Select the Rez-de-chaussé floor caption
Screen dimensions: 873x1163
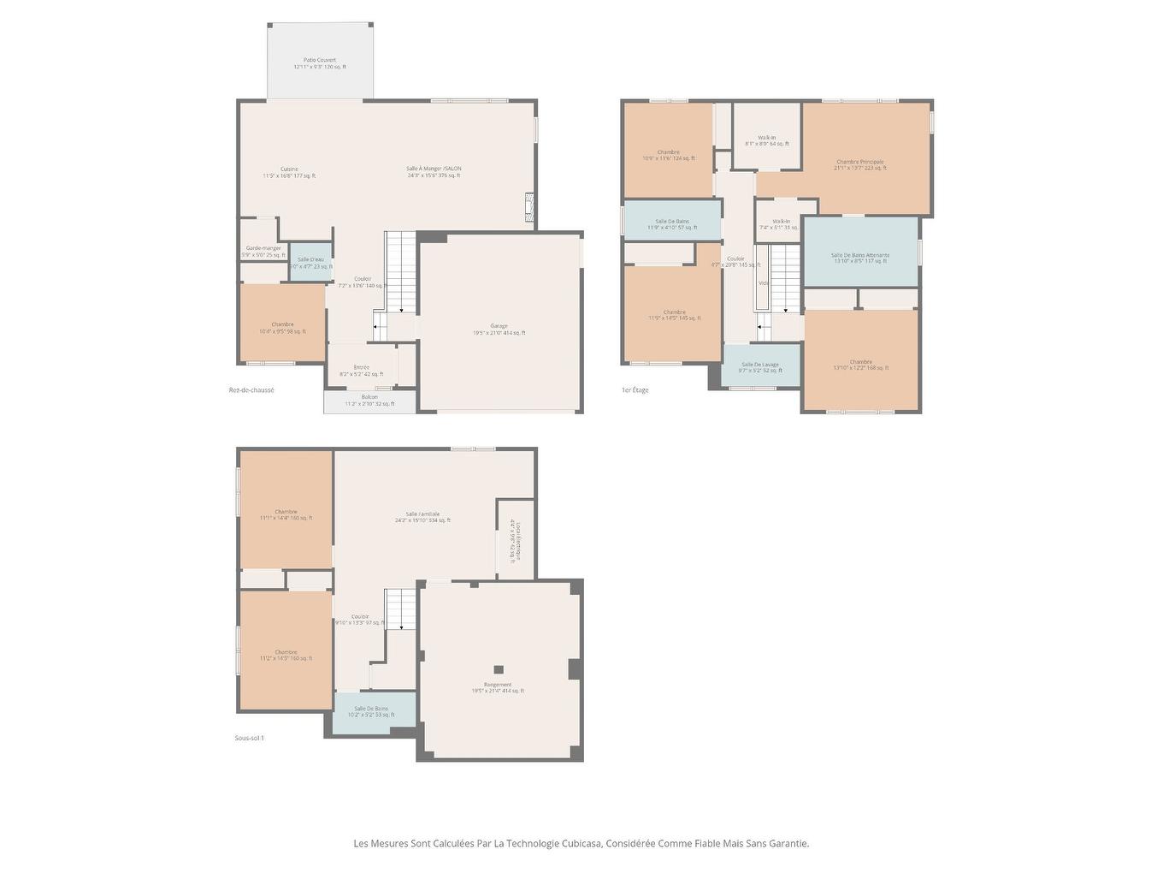pyautogui.click(x=251, y=390)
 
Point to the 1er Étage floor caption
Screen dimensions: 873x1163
pyautogui.click(x=635, y=390)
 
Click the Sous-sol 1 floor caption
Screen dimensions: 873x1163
pyautogui.click(x=250, y=738)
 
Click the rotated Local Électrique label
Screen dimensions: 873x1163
pyautogui.click(x=515, y=541)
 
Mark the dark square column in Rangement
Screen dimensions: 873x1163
pyautogui.click(x=499, y=669)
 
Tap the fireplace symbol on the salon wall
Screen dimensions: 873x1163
pyautogui.click(x=529, y=207)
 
